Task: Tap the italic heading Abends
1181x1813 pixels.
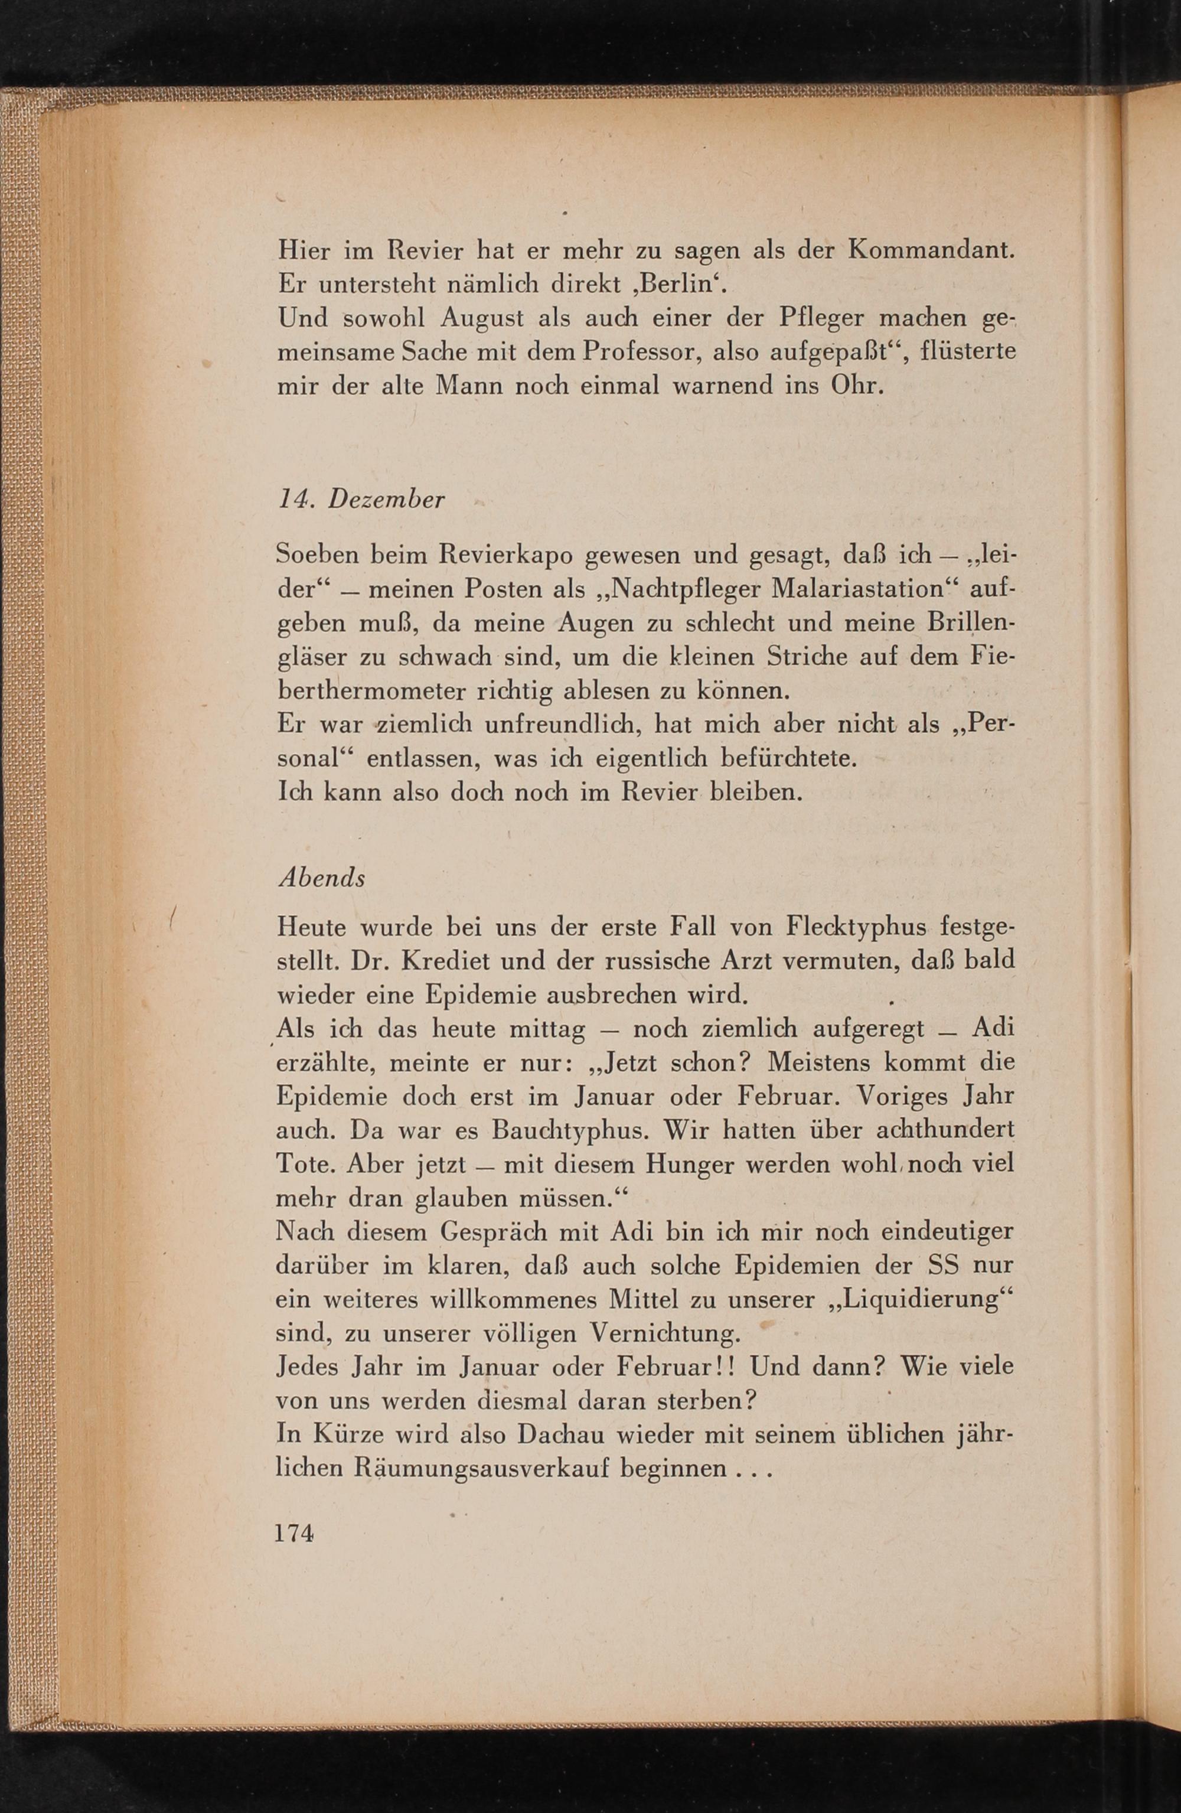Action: tap(322, 878)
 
